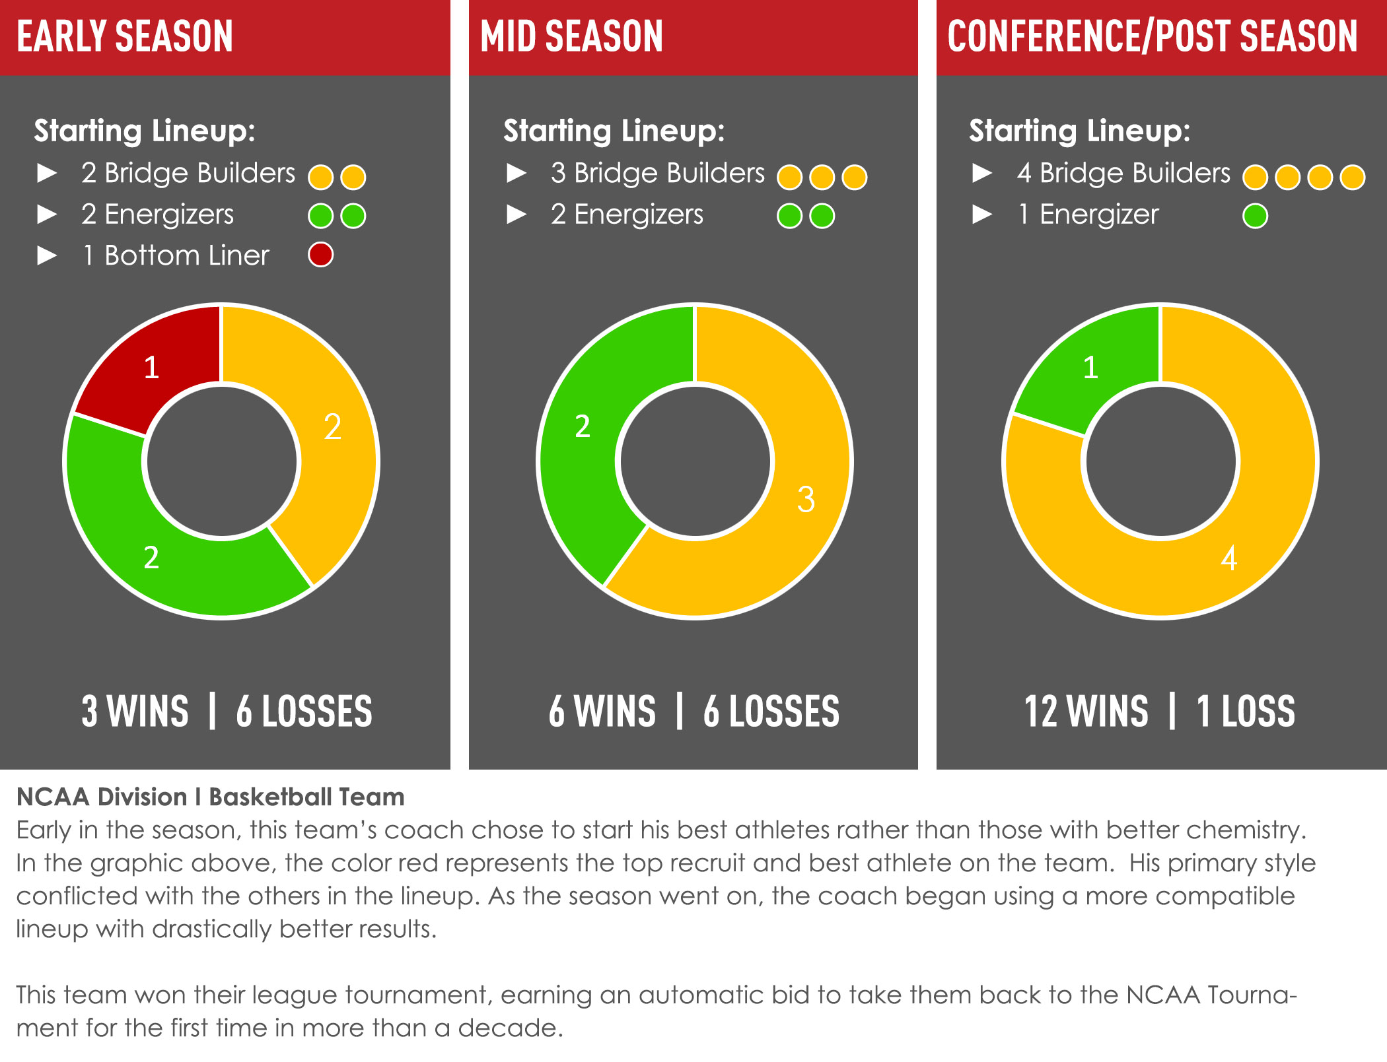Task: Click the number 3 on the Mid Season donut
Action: [806, 499]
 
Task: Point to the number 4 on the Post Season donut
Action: [1228, 558]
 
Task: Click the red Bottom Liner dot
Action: [321, 255]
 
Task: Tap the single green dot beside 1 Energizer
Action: [1255, 216]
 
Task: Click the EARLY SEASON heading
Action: [125, 36]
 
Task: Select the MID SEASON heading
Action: [572, 36]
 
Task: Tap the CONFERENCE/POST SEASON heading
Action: [1153, 36]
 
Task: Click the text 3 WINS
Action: [135, 712]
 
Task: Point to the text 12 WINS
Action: [1086, 712]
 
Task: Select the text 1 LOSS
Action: [1246, 712]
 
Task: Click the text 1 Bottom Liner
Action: [176, 255]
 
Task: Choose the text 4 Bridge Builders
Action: [1123, 173]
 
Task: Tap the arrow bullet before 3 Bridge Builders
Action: [516, 173]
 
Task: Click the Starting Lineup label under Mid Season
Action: [614, 131]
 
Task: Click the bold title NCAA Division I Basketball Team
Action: [210, 797]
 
